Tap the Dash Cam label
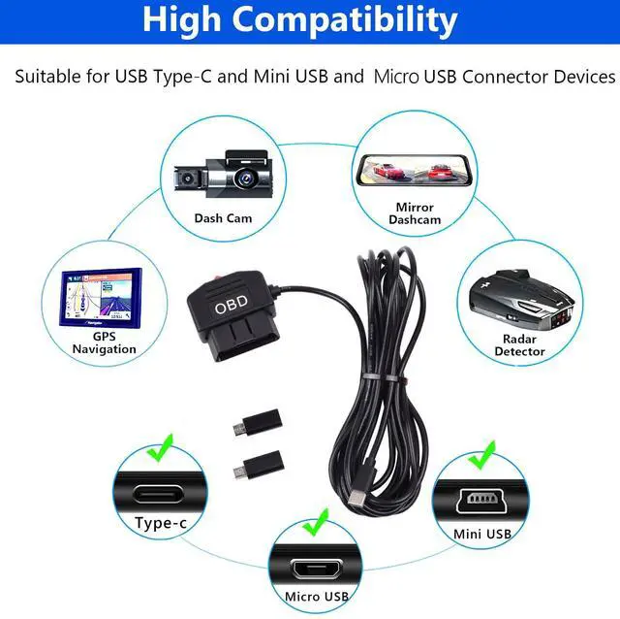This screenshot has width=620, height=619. tap(223, 218)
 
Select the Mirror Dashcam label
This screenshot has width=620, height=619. tap(415, 213)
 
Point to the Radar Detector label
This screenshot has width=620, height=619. tap(520, 345)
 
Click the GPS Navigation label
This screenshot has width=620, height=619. tap(104, 342)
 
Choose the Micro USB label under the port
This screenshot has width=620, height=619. tap(317, 596)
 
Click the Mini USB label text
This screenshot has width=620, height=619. tap(481, 534)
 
